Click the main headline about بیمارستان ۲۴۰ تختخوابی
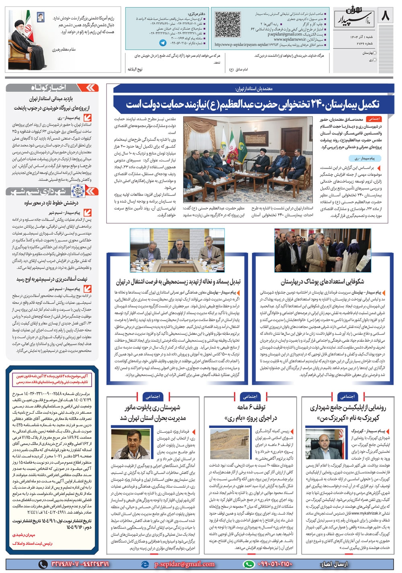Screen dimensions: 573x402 (252, 104)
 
